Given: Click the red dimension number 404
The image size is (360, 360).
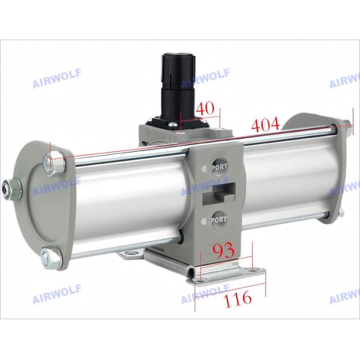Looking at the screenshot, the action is [265, 124].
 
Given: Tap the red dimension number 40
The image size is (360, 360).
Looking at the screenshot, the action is [205, 108].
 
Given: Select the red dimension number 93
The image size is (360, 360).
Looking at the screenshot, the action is [223, 250].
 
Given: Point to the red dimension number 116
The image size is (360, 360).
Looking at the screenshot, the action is [238, 299].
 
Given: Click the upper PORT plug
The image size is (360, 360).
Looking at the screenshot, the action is [219, 167].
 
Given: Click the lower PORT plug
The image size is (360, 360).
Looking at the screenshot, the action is [218, 220].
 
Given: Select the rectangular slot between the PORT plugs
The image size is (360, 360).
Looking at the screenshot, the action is [219, 193].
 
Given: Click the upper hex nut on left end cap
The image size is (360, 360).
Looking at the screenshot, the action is [54, 163].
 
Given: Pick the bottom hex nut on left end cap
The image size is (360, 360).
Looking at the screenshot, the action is [51, 258].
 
